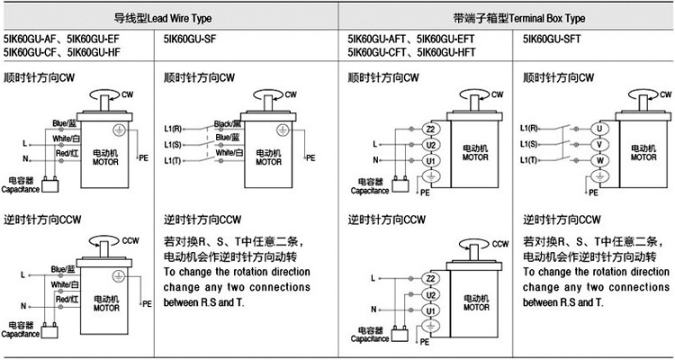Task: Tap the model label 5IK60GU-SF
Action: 192,40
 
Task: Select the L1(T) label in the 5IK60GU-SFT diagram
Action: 530,159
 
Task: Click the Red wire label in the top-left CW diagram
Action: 67,154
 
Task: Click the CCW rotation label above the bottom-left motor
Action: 130,240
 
